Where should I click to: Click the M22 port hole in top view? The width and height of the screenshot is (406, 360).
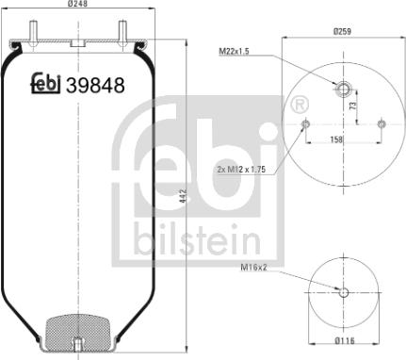tap(343, 90)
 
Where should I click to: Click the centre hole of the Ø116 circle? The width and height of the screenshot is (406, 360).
tap(343, 292)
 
